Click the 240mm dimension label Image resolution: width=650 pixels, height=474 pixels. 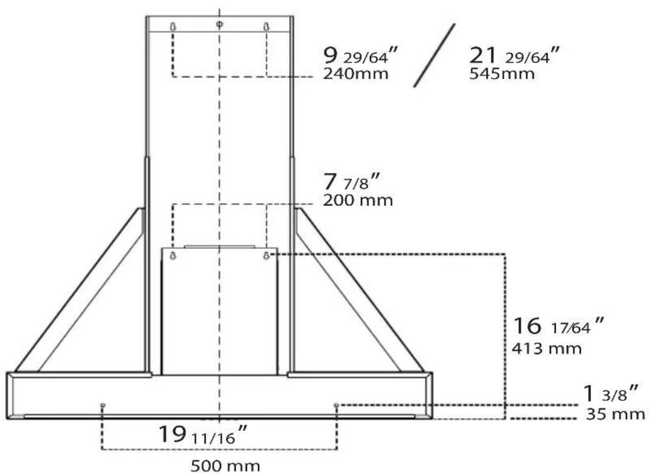[355, 74]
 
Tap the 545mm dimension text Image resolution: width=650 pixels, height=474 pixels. [502, 74]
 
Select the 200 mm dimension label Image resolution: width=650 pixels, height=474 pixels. [358, 200]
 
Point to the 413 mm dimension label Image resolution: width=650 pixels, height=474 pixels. [546, 348]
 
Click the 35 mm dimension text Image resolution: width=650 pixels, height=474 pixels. [615, 414]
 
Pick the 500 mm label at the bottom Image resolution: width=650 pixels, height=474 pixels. [225, 465]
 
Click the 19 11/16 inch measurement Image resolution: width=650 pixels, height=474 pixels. [203, 435]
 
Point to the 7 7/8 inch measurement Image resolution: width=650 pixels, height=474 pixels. [352, 181]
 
